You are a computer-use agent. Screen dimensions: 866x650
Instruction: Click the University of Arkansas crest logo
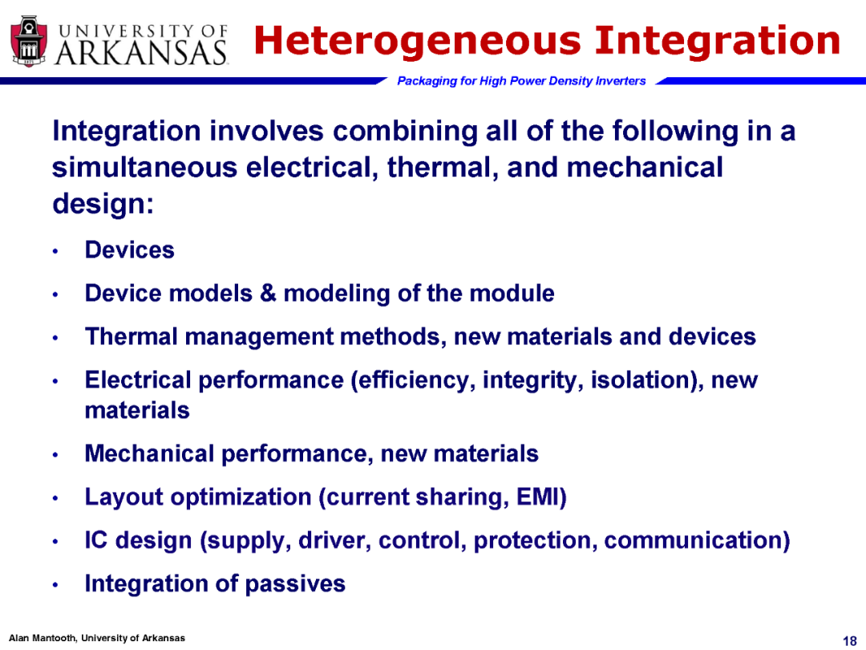pos(30,42)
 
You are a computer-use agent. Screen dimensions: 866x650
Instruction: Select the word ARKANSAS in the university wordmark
pos(141,53)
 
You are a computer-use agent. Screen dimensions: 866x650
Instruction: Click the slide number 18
pos(849,640)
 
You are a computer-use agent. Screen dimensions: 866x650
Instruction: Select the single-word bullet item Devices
pos(130,250)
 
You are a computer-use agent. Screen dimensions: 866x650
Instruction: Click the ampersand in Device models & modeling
pos(268,293)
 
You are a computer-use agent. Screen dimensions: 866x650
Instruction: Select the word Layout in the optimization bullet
pos(123,498)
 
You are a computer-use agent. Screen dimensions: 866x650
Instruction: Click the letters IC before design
pos(95,540)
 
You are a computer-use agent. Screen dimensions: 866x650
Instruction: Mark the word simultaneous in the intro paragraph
pos(144,167)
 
